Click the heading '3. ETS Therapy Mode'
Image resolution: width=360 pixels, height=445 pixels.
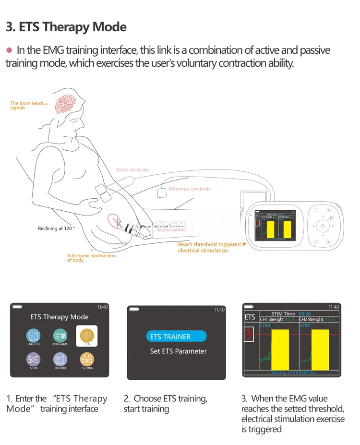coord(66,27)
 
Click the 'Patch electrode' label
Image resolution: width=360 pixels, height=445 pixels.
coord(132,170)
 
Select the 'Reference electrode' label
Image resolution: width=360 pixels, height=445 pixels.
coord(190,189)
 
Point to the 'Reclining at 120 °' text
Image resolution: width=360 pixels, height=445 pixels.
coord(57,229)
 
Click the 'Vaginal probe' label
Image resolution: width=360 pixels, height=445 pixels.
coord(171,230)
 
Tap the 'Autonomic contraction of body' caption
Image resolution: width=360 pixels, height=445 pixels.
coord(91,258)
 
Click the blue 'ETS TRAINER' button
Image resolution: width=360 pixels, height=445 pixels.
coord(176,337)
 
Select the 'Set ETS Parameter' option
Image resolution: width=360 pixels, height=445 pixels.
coord(178,351)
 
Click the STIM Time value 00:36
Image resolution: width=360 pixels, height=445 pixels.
coord(305,314)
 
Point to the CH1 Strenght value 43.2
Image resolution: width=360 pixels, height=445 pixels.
coord(289,319)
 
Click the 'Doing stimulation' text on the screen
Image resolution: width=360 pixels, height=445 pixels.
coord(293,373)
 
